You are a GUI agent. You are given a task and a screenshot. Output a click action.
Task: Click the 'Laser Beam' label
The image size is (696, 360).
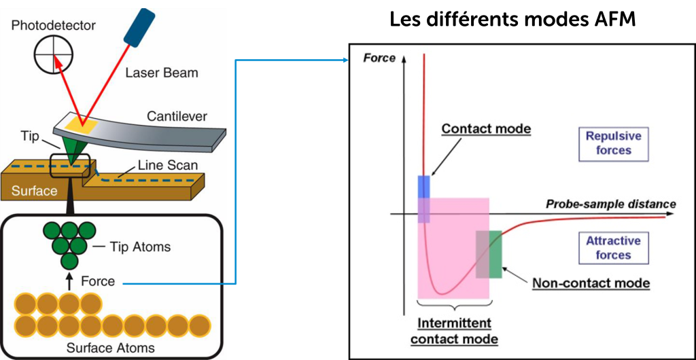click(162, 72)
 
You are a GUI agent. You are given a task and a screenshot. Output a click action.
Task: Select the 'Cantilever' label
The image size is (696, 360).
click(177, 116)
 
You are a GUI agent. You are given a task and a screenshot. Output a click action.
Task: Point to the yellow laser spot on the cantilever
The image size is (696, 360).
click(81, 124)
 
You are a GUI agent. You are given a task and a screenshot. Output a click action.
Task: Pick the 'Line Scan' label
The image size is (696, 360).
click(167, 165)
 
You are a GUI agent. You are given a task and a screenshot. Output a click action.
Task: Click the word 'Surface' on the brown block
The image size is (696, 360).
click(34, 191)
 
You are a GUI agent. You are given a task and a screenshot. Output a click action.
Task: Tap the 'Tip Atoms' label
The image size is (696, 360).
click(140, 247)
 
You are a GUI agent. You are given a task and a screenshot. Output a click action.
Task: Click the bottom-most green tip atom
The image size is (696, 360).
click(69, 261)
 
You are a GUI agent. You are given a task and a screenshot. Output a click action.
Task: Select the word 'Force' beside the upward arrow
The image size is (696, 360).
click(98, 281)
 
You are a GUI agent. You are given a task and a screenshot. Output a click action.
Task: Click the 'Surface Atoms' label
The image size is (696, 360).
click(110, 348)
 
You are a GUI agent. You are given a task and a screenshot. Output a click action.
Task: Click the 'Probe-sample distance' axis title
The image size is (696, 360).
click(610, 204)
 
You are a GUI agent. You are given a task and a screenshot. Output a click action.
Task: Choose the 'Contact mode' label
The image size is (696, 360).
click(485, 129)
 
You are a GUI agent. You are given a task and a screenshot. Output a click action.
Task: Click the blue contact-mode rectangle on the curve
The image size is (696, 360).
click(423, 187)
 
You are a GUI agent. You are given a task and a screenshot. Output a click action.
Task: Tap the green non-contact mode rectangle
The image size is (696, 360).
click(494, 254)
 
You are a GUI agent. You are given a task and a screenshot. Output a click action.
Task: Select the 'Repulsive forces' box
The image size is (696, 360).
click(613, 143)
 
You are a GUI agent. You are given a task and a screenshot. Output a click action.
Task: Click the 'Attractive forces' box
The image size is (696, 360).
click(613, 248)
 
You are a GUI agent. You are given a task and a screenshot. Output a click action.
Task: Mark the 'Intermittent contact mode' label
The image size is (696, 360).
click(454, 331)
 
